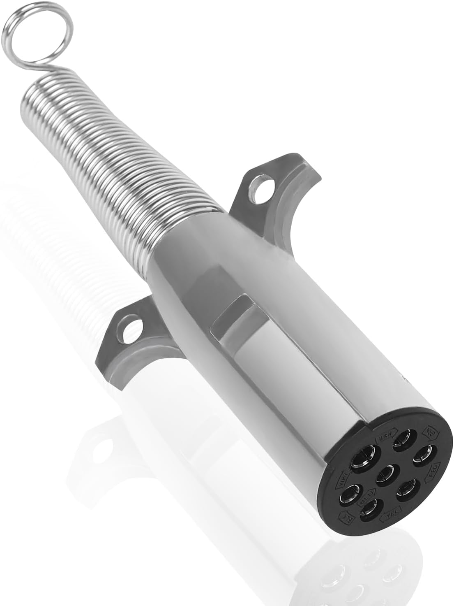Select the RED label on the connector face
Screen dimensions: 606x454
pyautogui.click(x=435, y=468)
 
